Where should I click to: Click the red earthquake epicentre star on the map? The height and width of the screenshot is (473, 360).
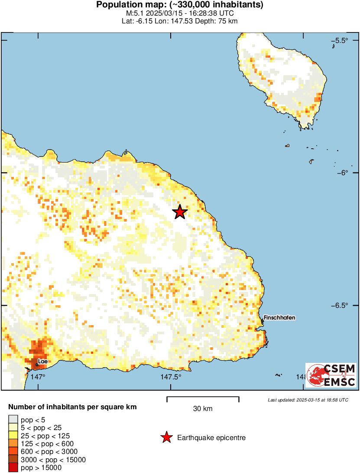coord(179,212)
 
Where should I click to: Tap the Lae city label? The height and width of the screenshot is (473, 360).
coord(42,361)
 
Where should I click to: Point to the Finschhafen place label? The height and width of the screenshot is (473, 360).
coord(280,318)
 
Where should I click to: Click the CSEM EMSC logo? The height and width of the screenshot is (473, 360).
coord(331,375)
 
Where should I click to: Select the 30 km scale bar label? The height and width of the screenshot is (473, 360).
coord(203,408)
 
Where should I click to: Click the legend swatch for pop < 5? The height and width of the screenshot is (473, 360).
coord(13,419)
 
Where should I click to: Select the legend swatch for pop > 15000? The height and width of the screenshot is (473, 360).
coord(13,467)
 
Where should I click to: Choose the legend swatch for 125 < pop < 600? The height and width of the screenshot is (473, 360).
coord(13,444)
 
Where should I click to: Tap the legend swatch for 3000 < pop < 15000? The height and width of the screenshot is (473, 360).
coord(13,460)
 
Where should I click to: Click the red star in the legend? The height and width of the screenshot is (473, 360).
coord(166,438)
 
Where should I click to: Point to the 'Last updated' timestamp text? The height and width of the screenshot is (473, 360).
coord(308,400)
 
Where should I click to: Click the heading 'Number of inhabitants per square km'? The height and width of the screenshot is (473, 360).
coord(73,407)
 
